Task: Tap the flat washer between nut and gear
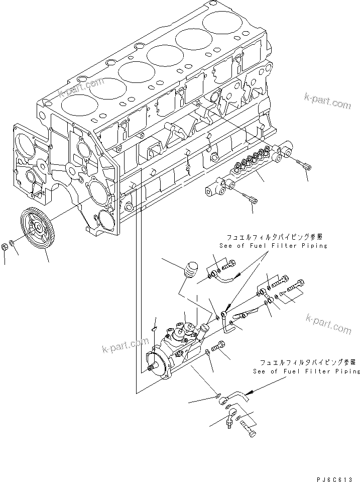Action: pyautogui.click(x=14, y=246)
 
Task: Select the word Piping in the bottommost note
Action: pyautogui.click(x=346, y=371)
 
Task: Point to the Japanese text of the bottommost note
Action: pyautogui.click(x=307, y=362)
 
